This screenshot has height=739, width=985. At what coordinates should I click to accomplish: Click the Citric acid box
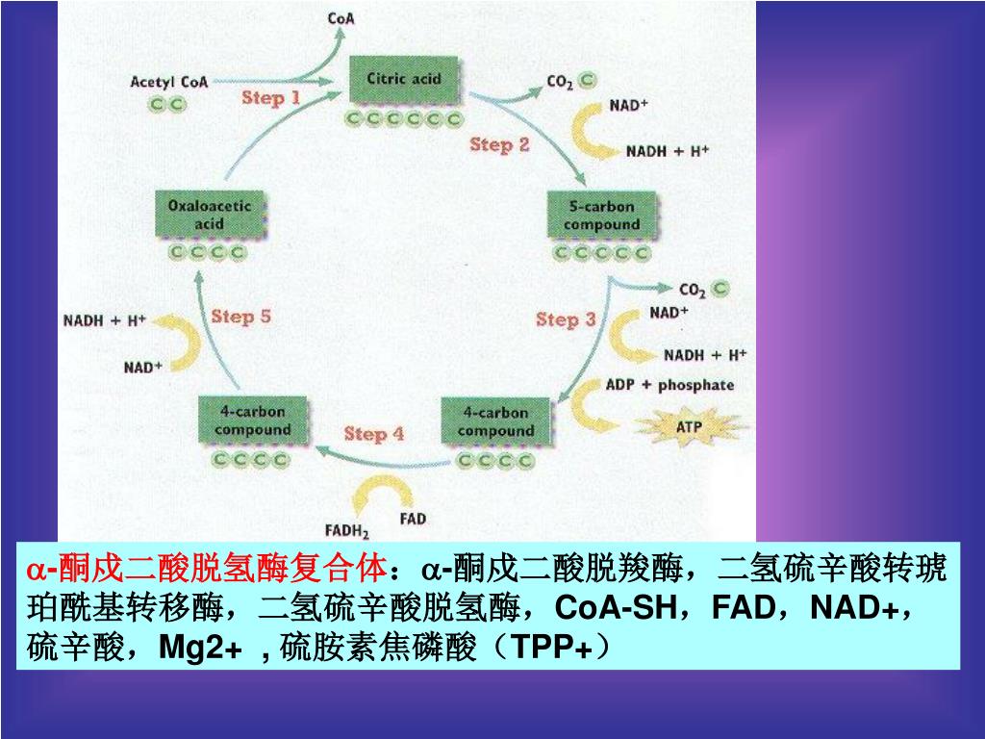pos(403,80)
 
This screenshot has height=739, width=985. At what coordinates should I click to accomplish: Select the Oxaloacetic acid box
pos(209,215)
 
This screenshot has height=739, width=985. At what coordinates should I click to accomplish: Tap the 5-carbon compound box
pos(601,216)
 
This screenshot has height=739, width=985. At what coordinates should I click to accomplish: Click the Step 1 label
pos(270,97)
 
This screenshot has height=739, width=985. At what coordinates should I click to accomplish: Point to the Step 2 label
pos(499,144)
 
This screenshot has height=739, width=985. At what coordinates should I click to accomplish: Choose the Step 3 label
pos(566,319)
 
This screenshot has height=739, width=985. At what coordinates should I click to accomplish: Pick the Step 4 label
pos(374,434)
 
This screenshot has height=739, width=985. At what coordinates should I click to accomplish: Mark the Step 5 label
pos(240,316)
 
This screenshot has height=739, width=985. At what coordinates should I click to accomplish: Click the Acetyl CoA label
pos(168,82)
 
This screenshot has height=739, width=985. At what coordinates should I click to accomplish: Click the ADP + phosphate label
pos(669,385)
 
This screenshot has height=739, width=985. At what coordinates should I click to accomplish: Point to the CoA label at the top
pos(341,17)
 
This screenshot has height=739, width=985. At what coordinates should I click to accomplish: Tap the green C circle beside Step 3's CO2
pos(720,288)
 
